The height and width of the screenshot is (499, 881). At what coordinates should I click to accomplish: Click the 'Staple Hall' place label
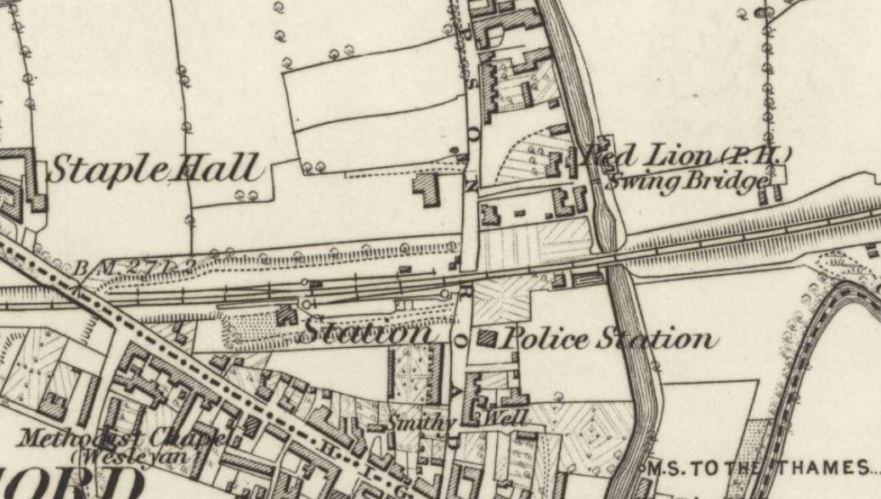[153, 168]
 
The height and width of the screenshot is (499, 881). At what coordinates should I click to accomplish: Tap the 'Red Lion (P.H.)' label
[686, 155]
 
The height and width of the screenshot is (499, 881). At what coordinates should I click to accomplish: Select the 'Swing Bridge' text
[692, 181]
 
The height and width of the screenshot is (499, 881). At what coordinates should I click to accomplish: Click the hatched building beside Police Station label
[487, 338]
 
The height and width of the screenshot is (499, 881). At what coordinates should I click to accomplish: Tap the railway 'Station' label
[366, 332]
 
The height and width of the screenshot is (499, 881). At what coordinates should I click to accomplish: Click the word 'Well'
[506, 418]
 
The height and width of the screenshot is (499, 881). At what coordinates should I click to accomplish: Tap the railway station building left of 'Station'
[285, 315]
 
